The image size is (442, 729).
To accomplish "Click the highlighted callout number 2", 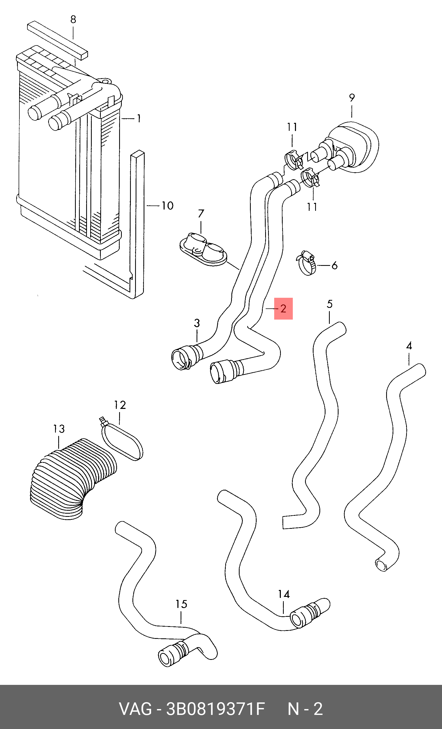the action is click(x=283, y=309).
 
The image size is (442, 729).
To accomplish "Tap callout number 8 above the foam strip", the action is click(x=73, y=19).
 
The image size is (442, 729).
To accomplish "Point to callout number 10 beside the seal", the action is click(x=168, y=206).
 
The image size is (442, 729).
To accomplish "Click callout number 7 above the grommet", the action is click(x=201, y=213).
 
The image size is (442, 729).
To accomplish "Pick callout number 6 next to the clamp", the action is click(x=334, y=265).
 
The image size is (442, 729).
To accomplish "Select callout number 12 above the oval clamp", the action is click(x=120, y=405).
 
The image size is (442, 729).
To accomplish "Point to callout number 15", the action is click(x=181, y=604).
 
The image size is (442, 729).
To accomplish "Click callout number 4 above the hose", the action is click(x=409, y=346).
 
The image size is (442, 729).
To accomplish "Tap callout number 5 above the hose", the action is click(x=330, y=304).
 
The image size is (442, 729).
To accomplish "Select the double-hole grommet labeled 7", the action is click(x=203, y=249).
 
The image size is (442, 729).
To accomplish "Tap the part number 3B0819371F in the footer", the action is click(x=215, y=709).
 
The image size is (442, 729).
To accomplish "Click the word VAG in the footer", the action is click(x=135, y=709).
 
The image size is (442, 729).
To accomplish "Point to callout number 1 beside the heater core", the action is click(x=139, y=118).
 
